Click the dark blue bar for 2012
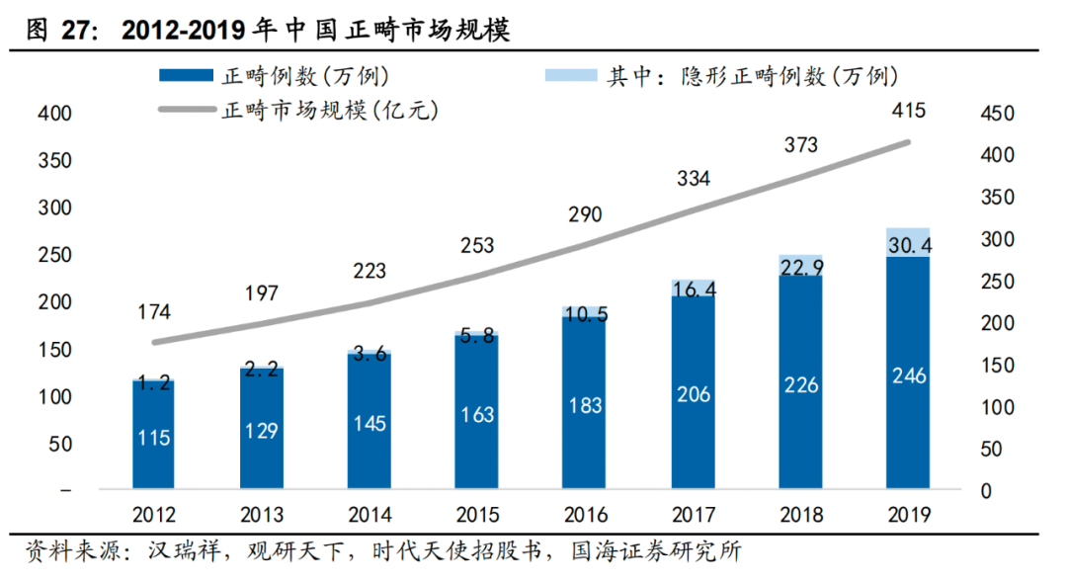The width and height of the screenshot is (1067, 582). click(153, 435)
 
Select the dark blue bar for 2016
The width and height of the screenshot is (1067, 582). click(584, 405)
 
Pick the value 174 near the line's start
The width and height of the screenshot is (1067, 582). click(153, 312)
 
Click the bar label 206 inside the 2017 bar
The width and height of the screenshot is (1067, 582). click(693, 393)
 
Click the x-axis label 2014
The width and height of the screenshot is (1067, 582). click(369, 514)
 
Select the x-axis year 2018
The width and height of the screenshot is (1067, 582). click(800, 514)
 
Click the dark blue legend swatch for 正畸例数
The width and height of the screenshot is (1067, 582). click(185, 75)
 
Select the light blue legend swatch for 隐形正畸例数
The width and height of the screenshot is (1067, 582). click(571, 75)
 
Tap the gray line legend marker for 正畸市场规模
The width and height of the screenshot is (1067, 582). click(185, 110)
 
